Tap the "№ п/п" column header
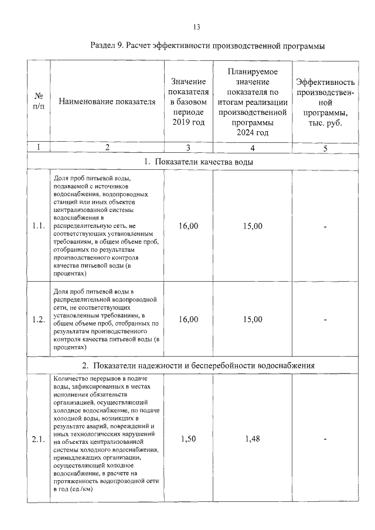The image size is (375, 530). [39, 101]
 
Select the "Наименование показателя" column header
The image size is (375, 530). [107, 101]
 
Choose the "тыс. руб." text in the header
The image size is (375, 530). [325, 123]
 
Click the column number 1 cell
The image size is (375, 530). [39, 148]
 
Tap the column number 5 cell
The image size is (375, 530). [325, 148]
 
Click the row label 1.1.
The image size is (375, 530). [39, 226]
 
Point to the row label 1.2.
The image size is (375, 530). [39, 319]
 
